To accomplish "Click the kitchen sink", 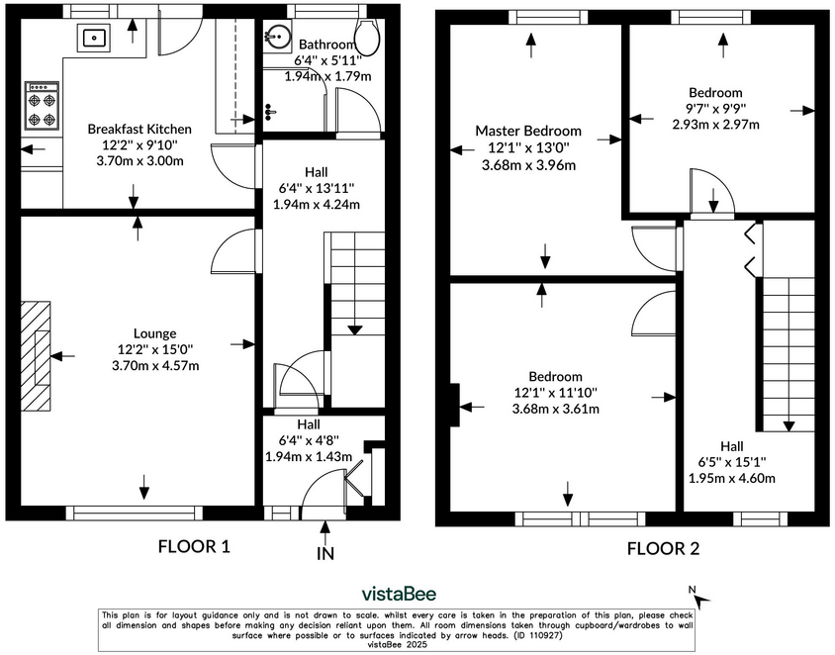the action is click(x=95, y=39).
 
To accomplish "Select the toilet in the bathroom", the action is click(x=368, y=38).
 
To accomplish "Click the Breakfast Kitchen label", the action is click(x=139, y=130).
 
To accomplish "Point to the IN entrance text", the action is click(x=325, y=555).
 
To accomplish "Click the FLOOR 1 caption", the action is click(x=194, y=545).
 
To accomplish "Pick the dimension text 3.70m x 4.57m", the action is click(x=156, y=366).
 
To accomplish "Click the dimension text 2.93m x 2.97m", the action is click(x=715, y=125).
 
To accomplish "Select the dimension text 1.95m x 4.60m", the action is click(x=731, y=478).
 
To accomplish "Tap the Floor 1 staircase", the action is click(x=349, y=287).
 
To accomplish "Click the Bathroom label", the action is click(x=327, y=45).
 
